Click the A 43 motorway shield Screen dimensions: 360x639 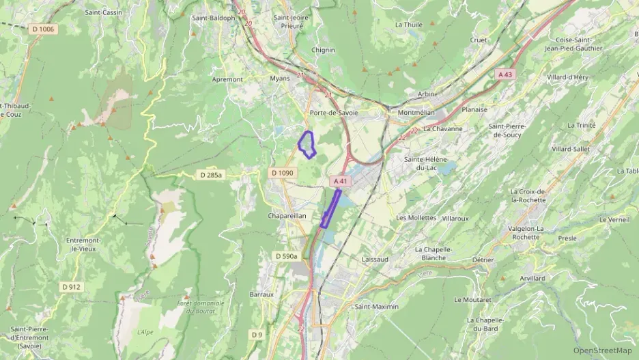[x=505, y=74]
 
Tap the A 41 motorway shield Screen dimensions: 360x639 [x=341, y=181]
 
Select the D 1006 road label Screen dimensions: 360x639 [x=42, y=29]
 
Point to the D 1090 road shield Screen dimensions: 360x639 [x=281, y=173]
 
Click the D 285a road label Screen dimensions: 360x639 [x=212, y=176]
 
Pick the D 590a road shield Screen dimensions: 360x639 [x=287, y=255]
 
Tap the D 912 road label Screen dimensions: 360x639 [x=71, y=287]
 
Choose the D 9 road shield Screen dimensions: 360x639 [x=256, y=335]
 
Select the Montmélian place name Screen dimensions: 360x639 [x=416, y=112]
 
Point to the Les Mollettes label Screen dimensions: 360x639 [x=416, y=217]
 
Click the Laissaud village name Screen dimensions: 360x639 [x=374, y=260]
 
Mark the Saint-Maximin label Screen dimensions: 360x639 [x=376, y=307]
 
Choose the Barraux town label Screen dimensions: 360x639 [x=261, y=294]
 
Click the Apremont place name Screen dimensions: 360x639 [x=227, y=79]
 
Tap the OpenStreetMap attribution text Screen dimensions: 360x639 [x=603, y=350]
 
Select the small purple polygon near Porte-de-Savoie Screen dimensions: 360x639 [x=307, y=144]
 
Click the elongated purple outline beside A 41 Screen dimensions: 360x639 [x=330, y=208]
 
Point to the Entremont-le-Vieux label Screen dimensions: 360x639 [x=84, y=245]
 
